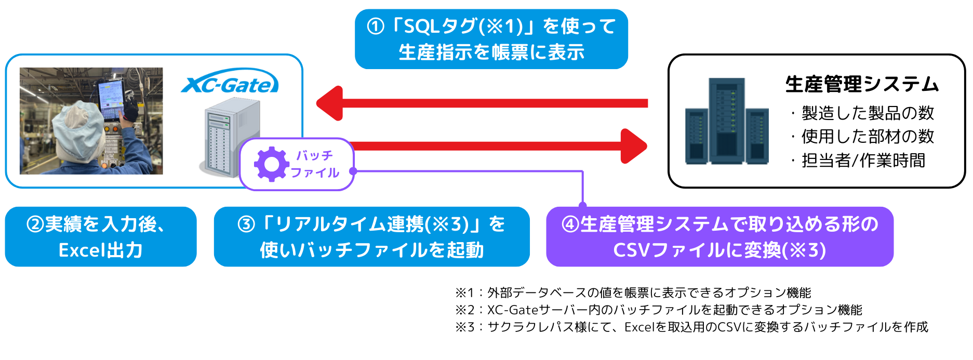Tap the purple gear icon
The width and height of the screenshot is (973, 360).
[x=271, y=164]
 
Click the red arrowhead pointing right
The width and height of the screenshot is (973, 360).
[x=634, y=146]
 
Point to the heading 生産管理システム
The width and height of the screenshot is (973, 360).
[x=862, y=84]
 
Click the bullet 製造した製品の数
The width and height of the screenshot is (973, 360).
[x=863, y=113]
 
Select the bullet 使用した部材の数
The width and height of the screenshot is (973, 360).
[x=863, y=136]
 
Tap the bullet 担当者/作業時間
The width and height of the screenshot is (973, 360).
[x=858, y=160]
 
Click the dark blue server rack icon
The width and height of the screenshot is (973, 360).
[x=727, y=121]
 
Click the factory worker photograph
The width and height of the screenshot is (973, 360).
[x=91, y=121]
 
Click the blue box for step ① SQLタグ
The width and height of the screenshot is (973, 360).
[x=491, y=39]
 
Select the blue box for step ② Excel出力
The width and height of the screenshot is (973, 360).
[x=101, y=237]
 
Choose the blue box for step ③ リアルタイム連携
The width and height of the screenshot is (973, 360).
[x=372, y=237]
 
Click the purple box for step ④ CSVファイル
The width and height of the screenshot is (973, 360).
[x=720, y=237]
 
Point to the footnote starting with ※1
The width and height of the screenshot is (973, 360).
[x=633, y=293]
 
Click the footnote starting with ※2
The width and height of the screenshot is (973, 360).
[x=658, y=310]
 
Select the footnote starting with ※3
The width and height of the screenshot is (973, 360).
[x=691, y=327]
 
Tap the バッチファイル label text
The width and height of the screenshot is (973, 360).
[x=315, y=164]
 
